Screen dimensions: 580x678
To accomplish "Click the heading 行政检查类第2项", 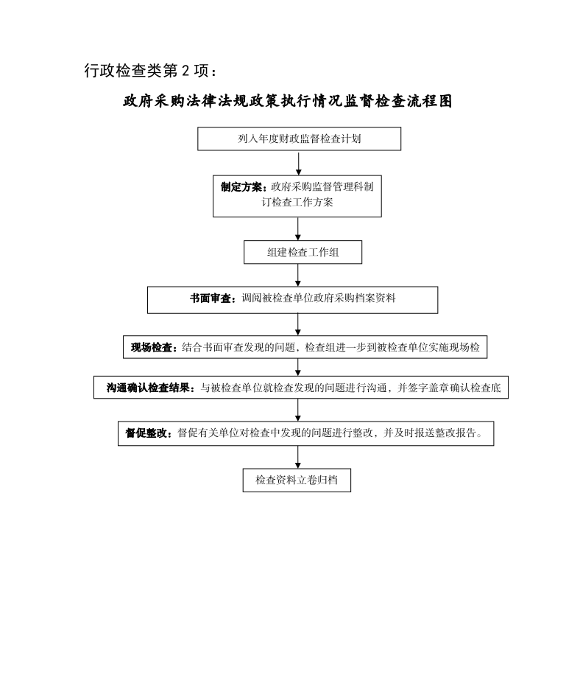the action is point(150,71).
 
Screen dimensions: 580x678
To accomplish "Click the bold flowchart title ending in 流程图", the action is point(288,101).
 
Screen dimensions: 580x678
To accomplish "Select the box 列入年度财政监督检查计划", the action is point(300,139).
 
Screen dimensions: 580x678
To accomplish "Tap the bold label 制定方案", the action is point(241,187).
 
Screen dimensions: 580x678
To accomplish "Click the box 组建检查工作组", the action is point(303,252).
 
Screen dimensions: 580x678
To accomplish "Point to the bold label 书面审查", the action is point(211,298).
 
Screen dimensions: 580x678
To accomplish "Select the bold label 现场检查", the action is point(152,348).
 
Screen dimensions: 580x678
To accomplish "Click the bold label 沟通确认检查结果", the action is point(149,388).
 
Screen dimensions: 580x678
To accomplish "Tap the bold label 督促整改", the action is point(146,433).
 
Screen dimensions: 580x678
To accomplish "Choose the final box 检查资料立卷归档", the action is point(297,480).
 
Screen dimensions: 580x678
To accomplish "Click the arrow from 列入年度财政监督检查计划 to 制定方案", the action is point(298,163).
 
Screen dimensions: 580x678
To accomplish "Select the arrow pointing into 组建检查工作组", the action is point(298,228).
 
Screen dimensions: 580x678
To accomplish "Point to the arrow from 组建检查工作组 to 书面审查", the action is point(298,276).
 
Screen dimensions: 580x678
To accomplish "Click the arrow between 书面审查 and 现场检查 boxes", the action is point(298,324).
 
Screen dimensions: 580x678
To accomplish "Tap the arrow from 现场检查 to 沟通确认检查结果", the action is point(298,367).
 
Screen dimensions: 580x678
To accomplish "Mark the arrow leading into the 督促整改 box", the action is point(298,410).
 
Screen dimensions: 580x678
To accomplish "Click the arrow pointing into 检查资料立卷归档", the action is point(298,457).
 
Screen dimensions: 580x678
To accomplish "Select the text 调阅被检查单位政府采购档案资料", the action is point(318,298).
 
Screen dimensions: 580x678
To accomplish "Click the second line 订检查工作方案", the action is point(297,203).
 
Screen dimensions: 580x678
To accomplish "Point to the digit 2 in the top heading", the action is point(185,71).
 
